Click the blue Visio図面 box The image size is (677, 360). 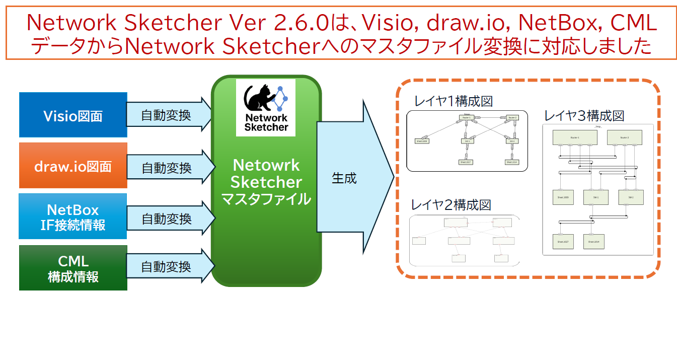point(73,115)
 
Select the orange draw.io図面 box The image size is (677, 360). point(73,166)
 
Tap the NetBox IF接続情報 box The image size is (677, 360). point(73,217)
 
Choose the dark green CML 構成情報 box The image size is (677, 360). point(73,268)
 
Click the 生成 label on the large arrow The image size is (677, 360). point(344,178)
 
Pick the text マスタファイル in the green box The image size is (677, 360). point(266,199)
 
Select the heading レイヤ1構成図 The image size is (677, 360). point(453,101)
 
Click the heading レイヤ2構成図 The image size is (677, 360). point(450,205)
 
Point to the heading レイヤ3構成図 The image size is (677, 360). point(584,116)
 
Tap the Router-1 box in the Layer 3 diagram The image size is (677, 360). point(574,137)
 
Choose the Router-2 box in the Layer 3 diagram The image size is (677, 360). point(625,137)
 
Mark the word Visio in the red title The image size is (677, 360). point(386,23)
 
